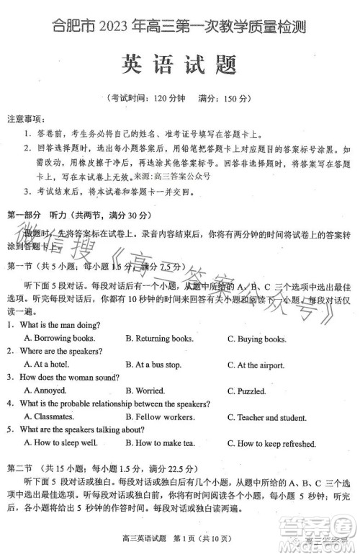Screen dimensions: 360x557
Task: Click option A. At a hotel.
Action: (50, 365)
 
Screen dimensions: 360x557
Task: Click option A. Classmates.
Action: (54, 416)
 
